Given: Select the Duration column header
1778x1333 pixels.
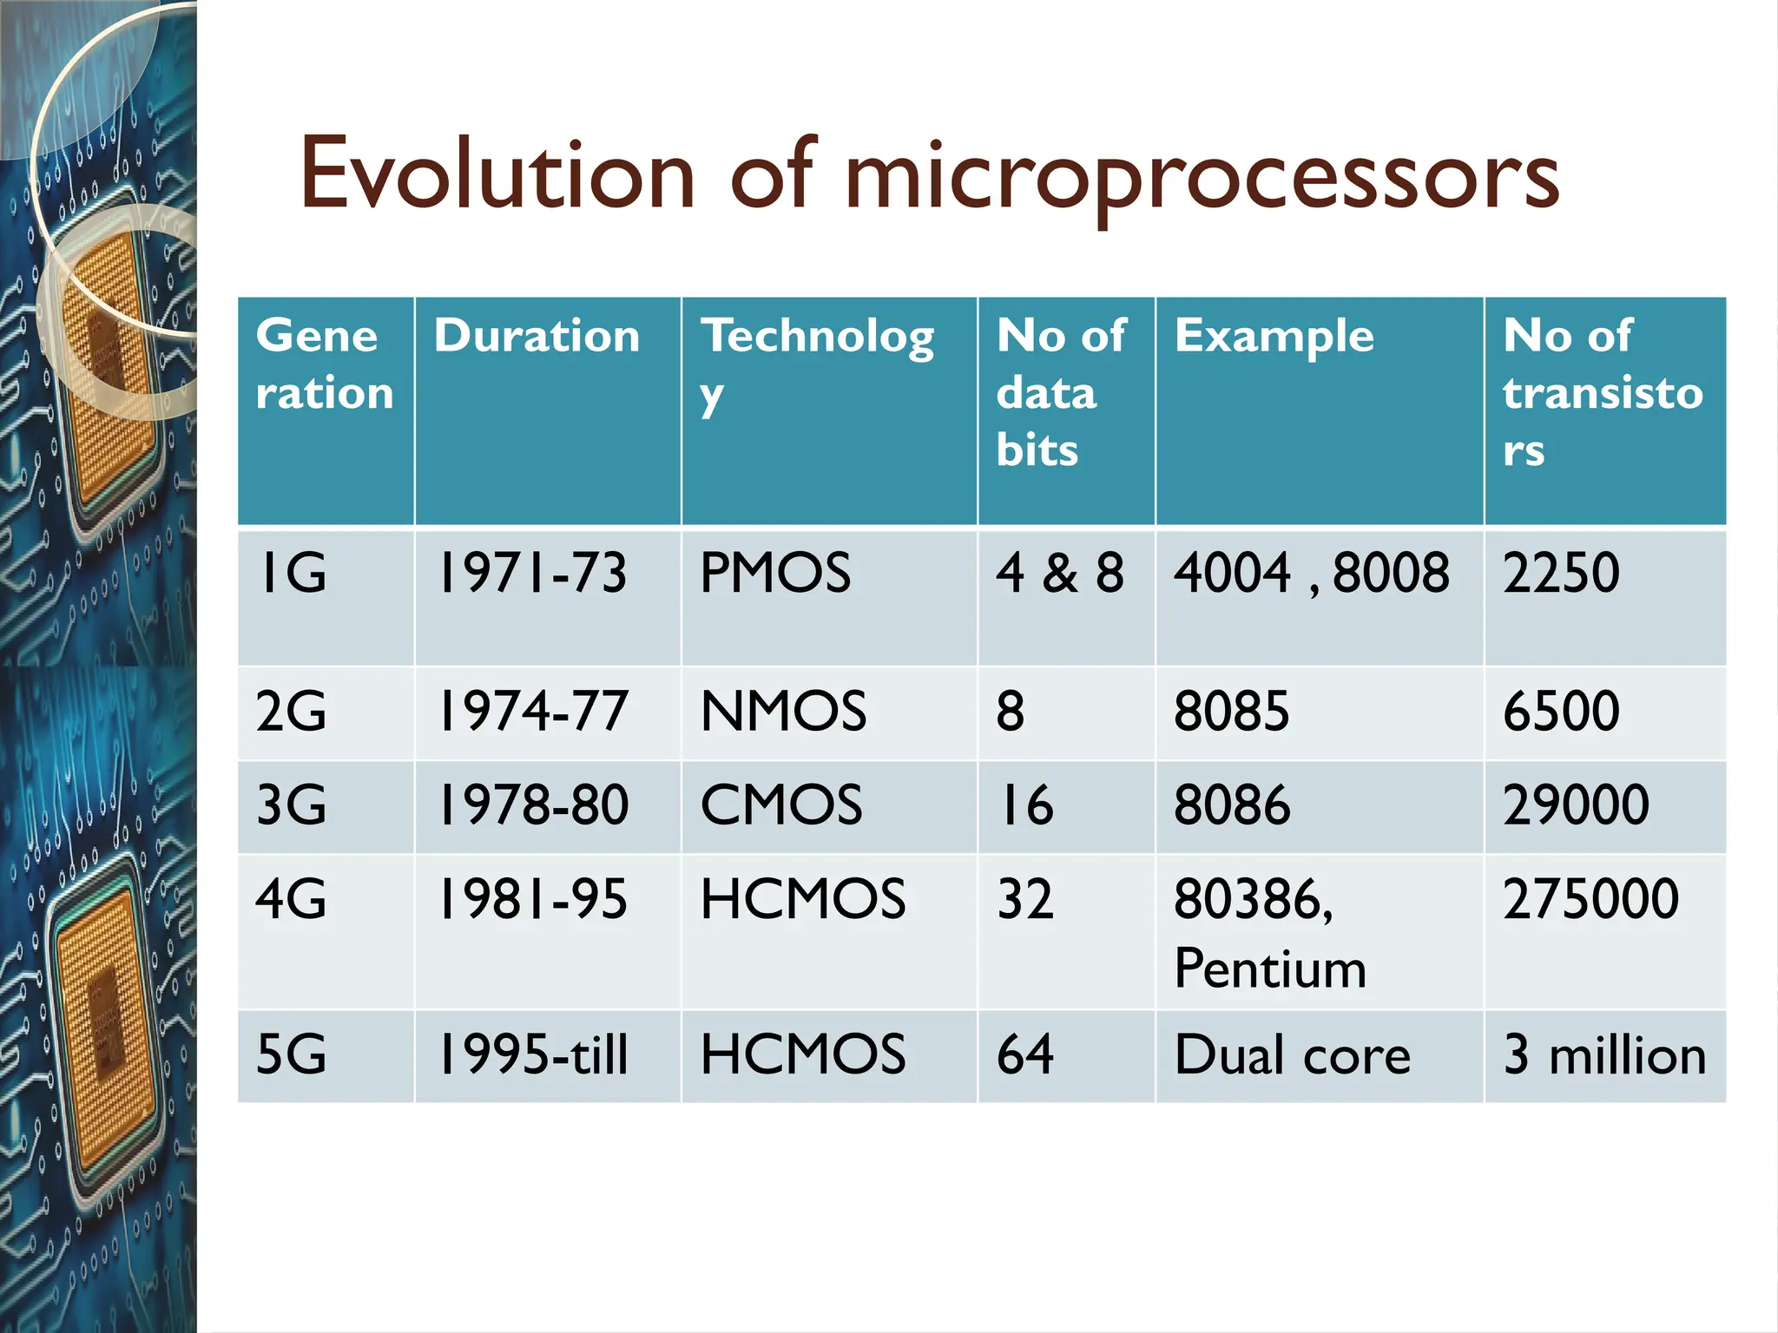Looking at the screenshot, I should [x=537, y=336].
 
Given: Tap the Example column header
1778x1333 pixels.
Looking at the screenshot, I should [x=1274, y=336].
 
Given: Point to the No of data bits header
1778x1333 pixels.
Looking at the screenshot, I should [x=1060, y=392].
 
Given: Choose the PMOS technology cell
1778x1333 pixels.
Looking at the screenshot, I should [x=774, y=573].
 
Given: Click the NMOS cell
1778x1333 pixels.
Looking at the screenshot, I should [x=782, y=712].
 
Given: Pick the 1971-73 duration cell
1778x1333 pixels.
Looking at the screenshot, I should [x=531, y=573].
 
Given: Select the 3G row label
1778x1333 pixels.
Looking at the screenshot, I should [x=291, y=804].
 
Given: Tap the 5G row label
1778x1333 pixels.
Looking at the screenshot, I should [x=291, y=1055].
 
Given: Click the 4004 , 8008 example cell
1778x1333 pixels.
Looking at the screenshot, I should [x=1311, y=573].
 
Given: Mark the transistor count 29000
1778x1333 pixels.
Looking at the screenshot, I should [x=1575, y=804].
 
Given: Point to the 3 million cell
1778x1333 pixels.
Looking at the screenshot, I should [x=1604, y=1055].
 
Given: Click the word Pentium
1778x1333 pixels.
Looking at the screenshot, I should [x=1269, y=969].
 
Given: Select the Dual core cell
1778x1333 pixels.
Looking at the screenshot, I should [x=1292, y=1055].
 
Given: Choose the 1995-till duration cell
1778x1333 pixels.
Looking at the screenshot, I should [x=531, y=1055].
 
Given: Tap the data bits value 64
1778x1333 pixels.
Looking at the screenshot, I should [x=1024, y=1055].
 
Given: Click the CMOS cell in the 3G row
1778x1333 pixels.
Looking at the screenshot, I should [x=780, y=804].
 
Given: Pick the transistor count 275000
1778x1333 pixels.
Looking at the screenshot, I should [x=1590, y=899].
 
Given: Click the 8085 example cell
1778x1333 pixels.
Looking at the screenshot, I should [x=1231, y=712].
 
